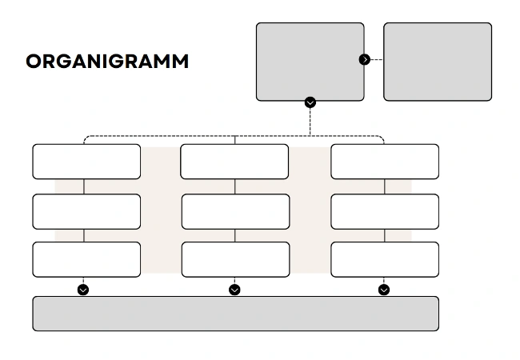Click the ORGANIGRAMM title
pyautogui.click(x=107, y=62)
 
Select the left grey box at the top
pyautogui.click(x=310, y=62)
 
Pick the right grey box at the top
pyautogui.click(x=438, y=62)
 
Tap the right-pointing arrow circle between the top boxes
pyautogui.click(x=365, y=59)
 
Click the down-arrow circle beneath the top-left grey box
pyautogui.click(x=310, y=102)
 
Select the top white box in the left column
pyautogui.click(x=86, y=162)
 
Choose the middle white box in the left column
pyautogui.click(x=86, y=211)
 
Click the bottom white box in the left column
pyautogui.click(x=86, y=259)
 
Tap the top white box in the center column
pyautogui.click(x=234, y=162)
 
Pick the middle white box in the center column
pyautogui.click(x=235, y=211)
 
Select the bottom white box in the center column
pyautogui.click(x=235, y=259)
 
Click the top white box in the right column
pyautogui.click(x=385, y=162)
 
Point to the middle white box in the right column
pyautogui.click(x=385, y=211)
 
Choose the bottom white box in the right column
pyautogui.click(x=385, y=259)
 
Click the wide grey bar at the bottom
pyautogui.click(x=235, y=314)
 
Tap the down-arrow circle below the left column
pyautogui.click(x=83, y=290)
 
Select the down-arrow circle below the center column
pyautogui.click(x=234, y=290)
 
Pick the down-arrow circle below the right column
pyautogui.click(x=384, y=290)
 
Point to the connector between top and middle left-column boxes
pyautogui.click(x=84, y=186)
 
